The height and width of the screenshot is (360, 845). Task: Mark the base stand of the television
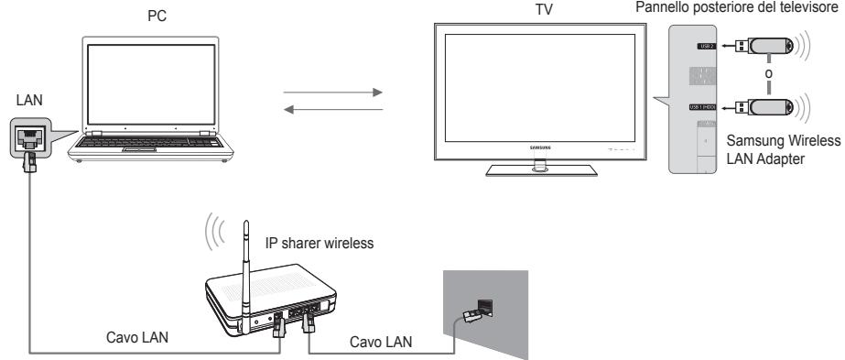click(537, 169)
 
